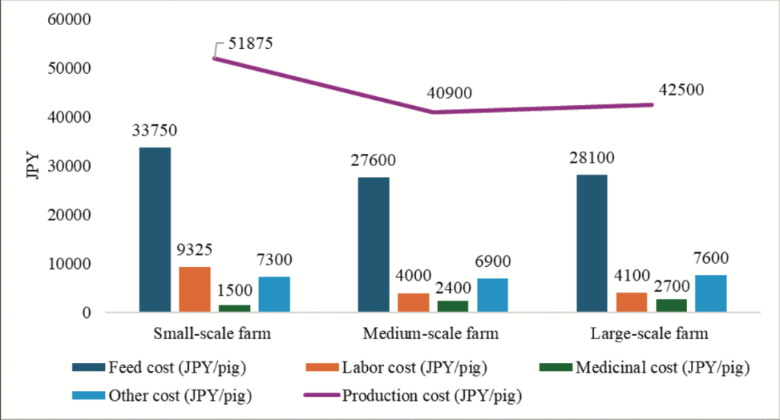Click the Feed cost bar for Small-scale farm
pyautogui.click(x=155, y=229)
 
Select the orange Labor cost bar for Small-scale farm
pyautogui.click(x=194, y=289)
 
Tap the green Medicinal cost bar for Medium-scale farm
pyautogui.click(x=452, y=306)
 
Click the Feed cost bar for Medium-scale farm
pyautogui.click(x=373, y=245)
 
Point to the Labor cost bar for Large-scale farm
pyautogui.click(x=632, y=302)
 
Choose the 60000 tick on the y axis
pyautogui.click(x=69, y=20)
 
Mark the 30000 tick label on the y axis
pyautogui.click(x=69, y=166)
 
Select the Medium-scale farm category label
pyautogui.click(x=430, y=334)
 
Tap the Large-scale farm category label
pyautogui.click(x=650, y=334)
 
